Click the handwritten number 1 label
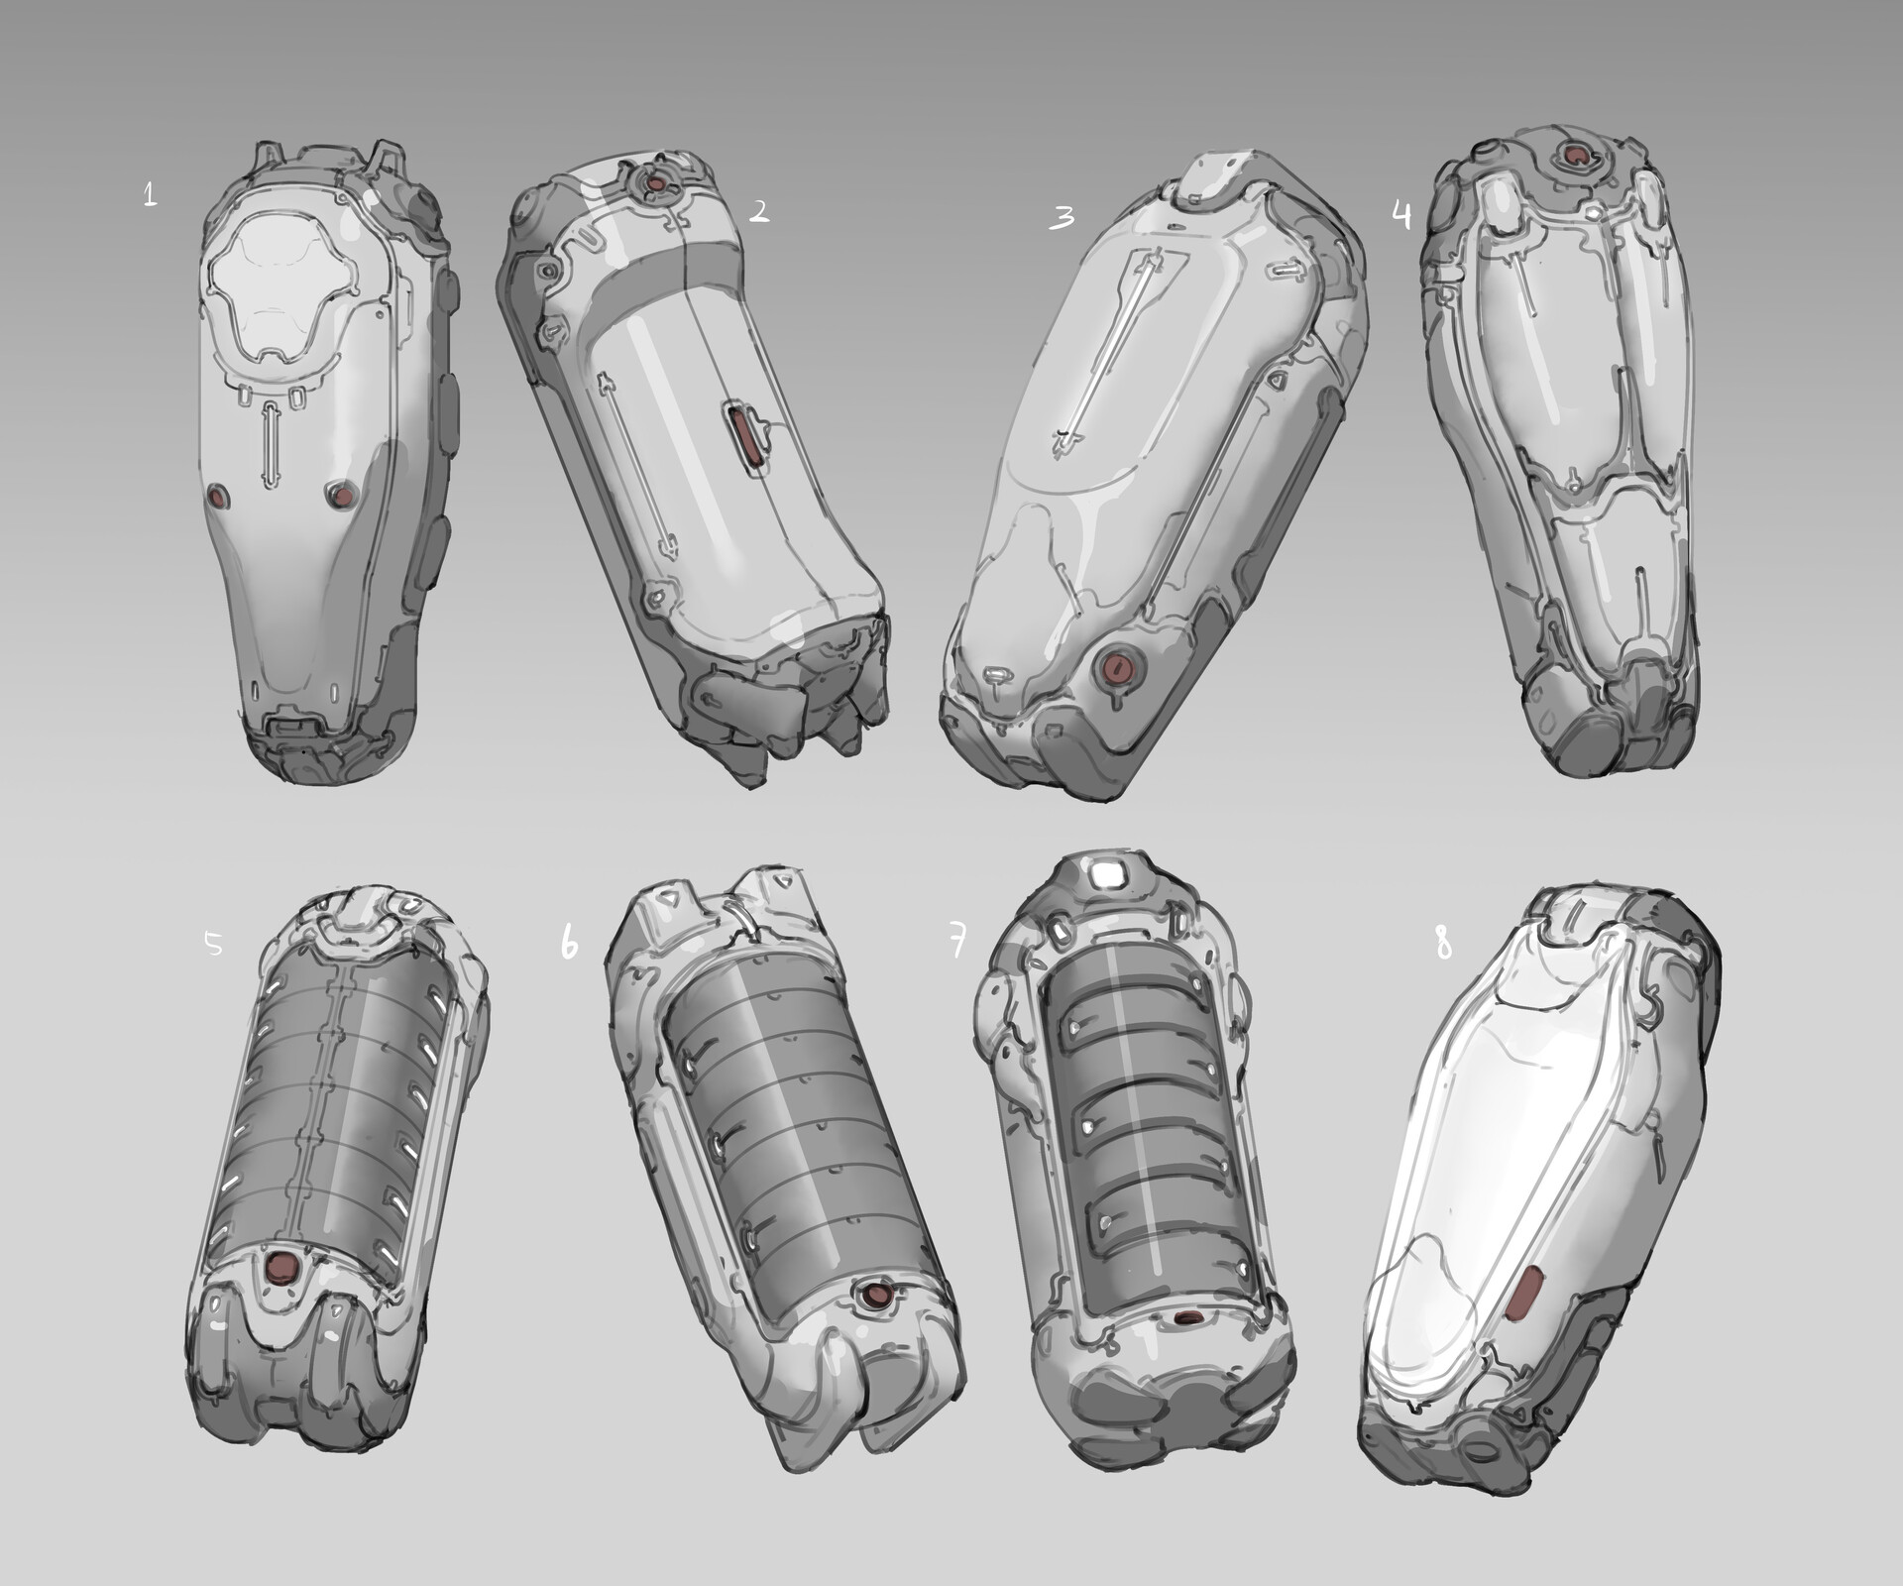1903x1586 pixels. tap(150, 193)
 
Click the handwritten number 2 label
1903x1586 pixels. tap(758, 210)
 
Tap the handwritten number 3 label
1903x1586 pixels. tap(1062, 218)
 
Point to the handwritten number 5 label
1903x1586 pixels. tap(213, 944)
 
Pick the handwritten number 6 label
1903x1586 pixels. tap(569, 944)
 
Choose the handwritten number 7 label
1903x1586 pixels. tap(956, 945)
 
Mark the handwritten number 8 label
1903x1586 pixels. tap(1442, 945)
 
